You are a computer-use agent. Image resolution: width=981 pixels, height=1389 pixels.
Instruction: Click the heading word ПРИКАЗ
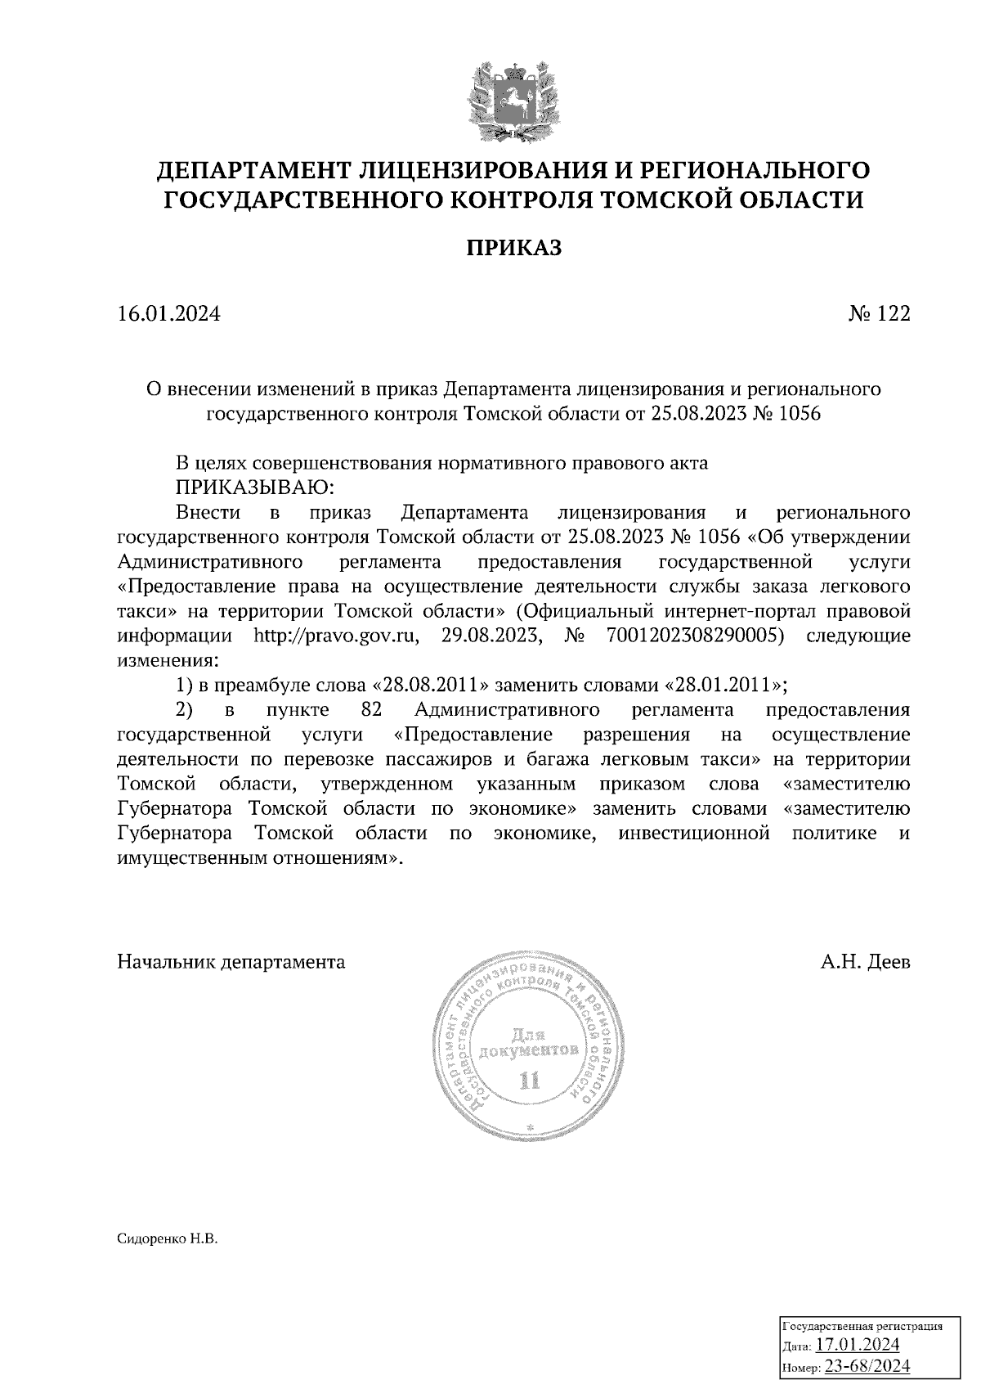[513, 248]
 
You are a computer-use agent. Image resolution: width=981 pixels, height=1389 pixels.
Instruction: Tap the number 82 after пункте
[372, 709]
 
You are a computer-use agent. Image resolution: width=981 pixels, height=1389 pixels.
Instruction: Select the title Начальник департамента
[231, 962]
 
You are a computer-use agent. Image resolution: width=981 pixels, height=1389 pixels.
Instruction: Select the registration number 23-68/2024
[867, 1366]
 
